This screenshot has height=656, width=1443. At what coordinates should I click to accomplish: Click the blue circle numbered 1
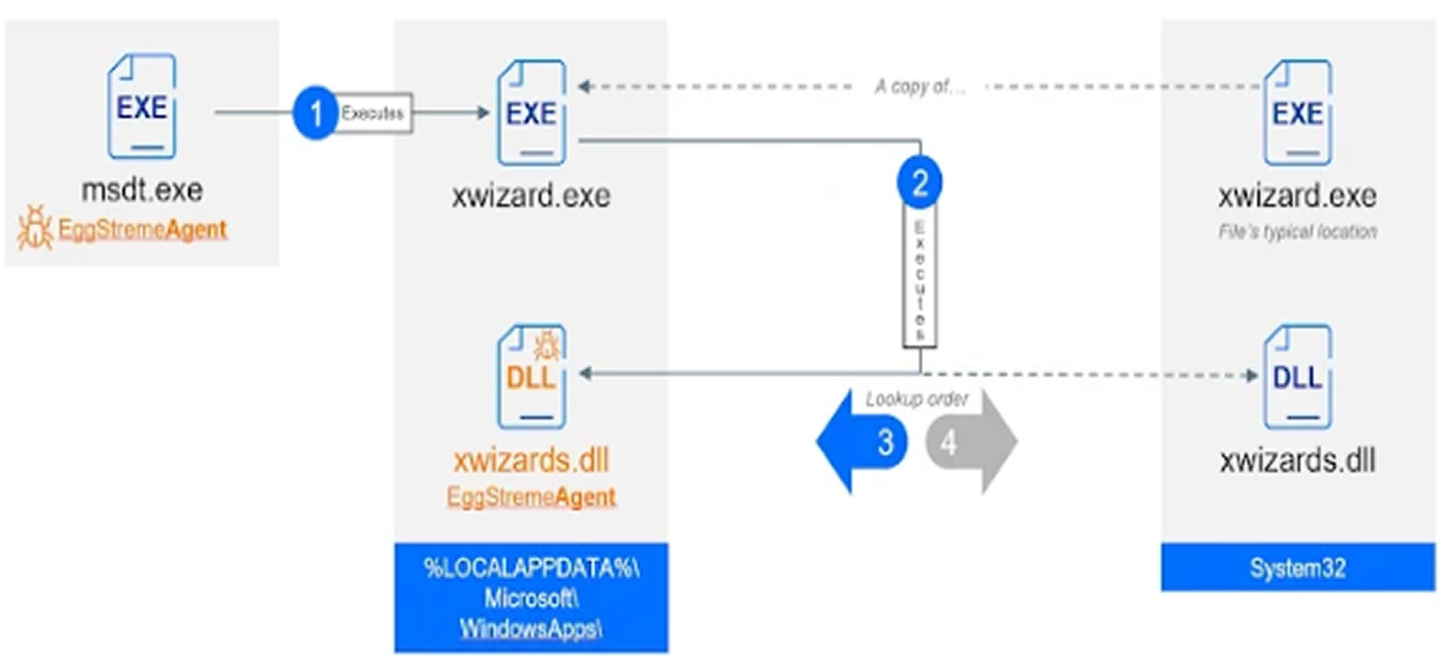[x=315, y=112]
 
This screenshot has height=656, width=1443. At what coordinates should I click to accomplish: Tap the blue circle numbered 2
[x=919, y=182]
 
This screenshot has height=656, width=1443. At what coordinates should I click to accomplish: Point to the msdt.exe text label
[x=142, y=191]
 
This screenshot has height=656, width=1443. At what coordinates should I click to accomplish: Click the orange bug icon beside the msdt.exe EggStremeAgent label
[x=35, y=228]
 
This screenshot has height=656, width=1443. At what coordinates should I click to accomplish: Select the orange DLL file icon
[x=531, y=377]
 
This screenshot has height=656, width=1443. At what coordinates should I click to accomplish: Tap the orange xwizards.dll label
[x=531, y=460]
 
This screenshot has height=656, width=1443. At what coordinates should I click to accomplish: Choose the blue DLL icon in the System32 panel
[x=1298, y=377]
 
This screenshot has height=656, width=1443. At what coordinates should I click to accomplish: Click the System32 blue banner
[x=1298, y=567]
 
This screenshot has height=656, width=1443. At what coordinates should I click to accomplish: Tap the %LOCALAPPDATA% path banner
[x=531, y=598]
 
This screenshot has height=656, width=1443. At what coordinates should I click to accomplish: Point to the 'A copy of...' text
[x=919, y=87]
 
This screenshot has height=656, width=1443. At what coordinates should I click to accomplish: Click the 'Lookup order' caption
[x=916, y=399]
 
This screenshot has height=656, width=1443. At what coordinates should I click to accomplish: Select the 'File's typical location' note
[x=1298, y=231]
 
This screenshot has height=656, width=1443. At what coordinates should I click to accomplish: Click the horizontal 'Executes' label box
[x=373, y=113]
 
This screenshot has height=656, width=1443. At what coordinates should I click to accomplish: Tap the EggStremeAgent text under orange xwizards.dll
[x=531, y=497]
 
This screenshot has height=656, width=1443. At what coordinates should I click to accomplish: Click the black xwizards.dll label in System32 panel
[x=1298, y=460]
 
